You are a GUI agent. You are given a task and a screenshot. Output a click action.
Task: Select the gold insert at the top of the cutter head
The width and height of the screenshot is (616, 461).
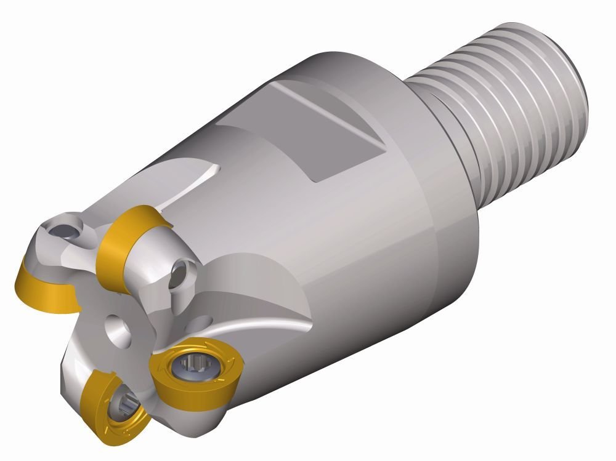pos(123,240)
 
